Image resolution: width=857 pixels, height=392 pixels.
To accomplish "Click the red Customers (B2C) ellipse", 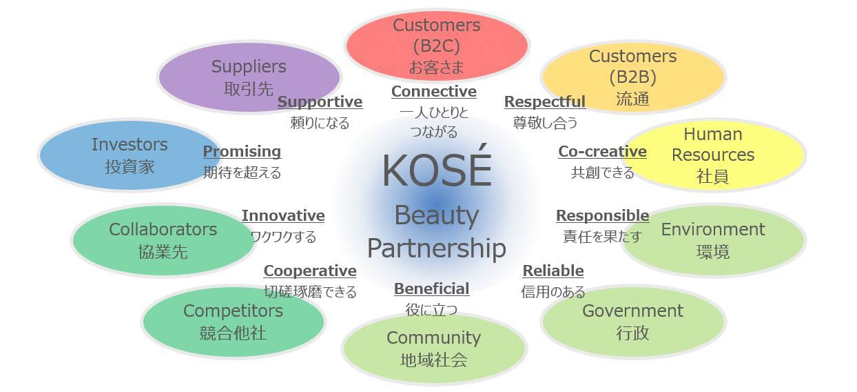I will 436,46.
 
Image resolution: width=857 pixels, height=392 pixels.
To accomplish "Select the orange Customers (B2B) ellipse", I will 632,77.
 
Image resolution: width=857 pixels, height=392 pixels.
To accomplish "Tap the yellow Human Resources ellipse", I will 713,155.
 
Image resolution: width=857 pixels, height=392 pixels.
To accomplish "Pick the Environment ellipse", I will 713,239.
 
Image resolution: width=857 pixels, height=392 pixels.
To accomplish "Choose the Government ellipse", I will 632,321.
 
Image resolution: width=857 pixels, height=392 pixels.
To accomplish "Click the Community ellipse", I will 433,348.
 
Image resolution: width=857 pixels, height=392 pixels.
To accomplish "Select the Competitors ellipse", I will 233,321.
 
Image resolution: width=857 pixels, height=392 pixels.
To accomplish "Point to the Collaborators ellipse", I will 163,239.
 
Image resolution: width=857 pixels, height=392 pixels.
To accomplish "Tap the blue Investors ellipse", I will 130,155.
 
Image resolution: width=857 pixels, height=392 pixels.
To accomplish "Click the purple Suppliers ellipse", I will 249,77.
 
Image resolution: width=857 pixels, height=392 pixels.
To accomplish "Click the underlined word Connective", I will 434,92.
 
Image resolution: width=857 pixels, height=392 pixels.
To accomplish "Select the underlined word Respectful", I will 545,102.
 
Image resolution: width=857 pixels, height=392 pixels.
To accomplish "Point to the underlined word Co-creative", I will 602,152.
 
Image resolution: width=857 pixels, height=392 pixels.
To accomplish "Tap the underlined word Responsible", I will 602,216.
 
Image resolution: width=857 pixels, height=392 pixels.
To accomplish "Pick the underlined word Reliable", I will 553,271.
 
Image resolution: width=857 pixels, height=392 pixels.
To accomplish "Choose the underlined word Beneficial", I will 431,288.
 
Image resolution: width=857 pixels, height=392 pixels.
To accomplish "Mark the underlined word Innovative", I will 283,216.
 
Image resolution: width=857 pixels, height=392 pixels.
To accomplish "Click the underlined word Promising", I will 242,152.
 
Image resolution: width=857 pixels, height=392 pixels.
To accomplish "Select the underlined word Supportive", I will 320,102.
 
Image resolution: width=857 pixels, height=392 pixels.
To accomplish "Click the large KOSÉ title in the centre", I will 437,171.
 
